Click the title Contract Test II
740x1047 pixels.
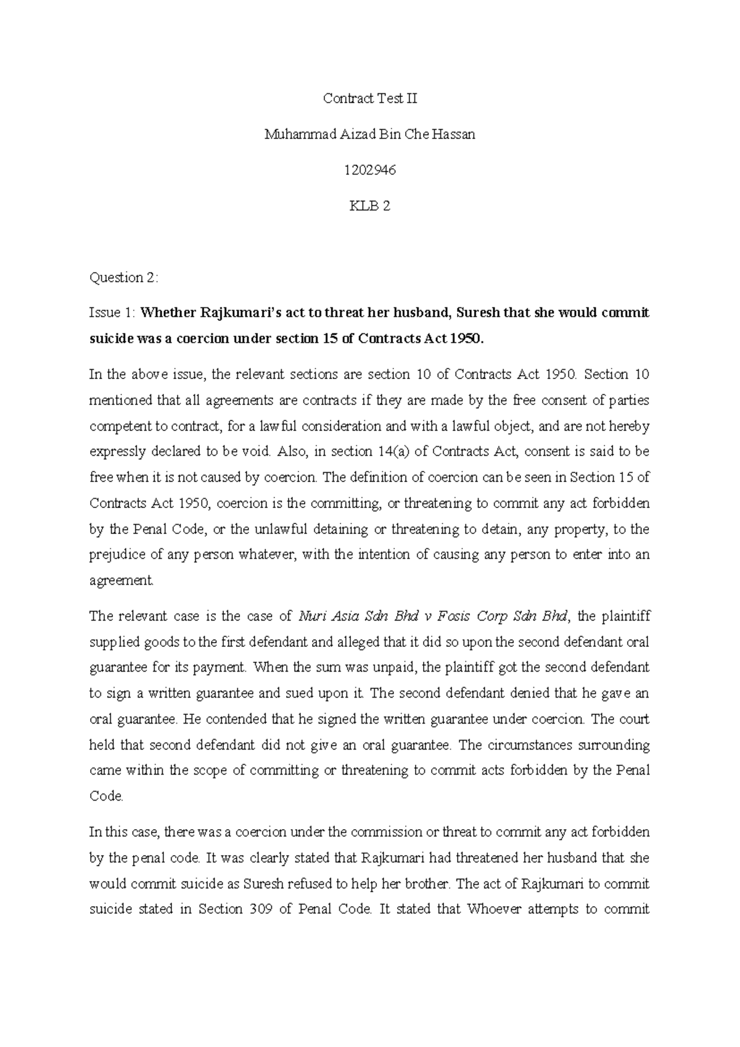click(x=370, y=98)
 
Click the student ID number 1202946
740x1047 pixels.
click(x=370, y=170)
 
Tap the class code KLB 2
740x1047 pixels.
click(x=370, y=206)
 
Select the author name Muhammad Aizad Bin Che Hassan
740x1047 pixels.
click(x=370, y=134)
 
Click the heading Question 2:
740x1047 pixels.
click(x=124, y=278)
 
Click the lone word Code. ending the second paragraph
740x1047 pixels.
click(x=106, y=796)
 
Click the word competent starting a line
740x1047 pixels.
click(x=118, y=426)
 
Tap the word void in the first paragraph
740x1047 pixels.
click(x=258, y=451)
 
